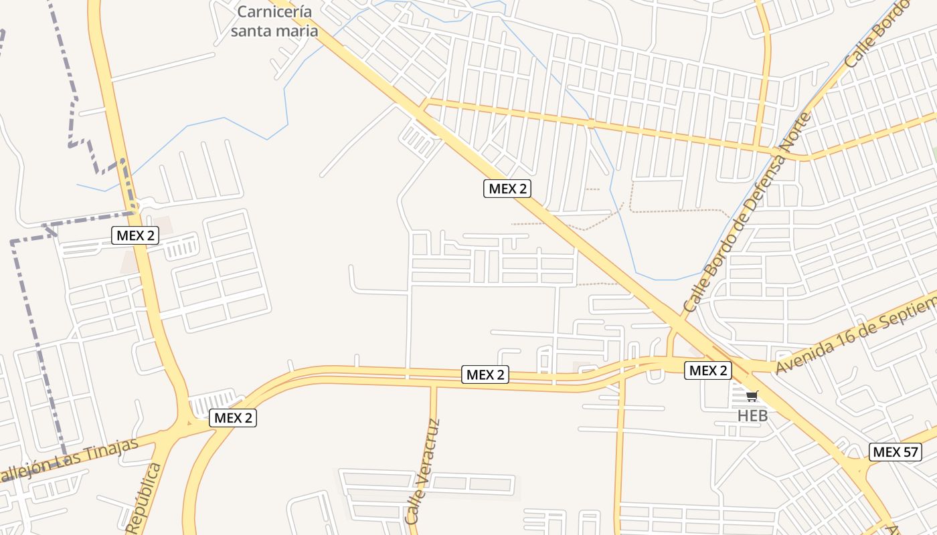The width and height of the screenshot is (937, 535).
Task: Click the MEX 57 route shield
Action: tap(895, 452)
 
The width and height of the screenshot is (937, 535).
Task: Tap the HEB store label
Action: tap(752, 416)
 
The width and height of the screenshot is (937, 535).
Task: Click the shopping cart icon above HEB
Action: tap(752, 397)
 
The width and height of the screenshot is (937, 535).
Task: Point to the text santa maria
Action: tap(274, 31)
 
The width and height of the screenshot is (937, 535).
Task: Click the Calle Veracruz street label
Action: tap(423, 471)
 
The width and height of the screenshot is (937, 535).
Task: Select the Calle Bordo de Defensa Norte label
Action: tap(748, 213)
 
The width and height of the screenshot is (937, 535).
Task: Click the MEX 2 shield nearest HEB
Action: tap(708, 370)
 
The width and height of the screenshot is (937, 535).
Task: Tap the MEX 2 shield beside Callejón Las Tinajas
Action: tap(232, 419)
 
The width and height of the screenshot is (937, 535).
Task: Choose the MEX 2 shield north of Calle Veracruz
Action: tap(485, 374)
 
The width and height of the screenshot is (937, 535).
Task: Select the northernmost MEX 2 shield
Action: tap(507, 189)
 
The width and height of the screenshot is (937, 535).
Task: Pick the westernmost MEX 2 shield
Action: tap(135, 235)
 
